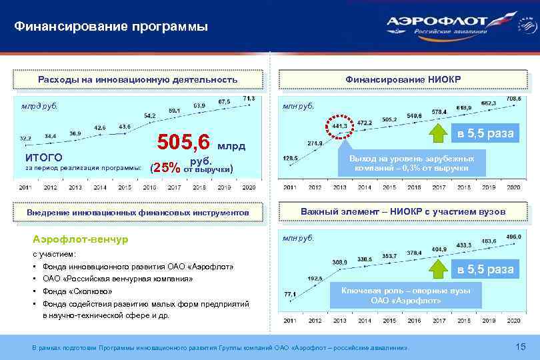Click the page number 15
pos(521,346)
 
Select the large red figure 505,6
pos(183,142)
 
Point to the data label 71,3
pos(248,99)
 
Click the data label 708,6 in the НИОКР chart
pos(513,99)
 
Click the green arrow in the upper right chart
pos(437,134)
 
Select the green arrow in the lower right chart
pos(437,269)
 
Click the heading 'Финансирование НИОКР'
pos(403,79)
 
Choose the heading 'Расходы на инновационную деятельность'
pos(137,79)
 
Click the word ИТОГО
pos(44,158)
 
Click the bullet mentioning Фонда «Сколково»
pos(77,291)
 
